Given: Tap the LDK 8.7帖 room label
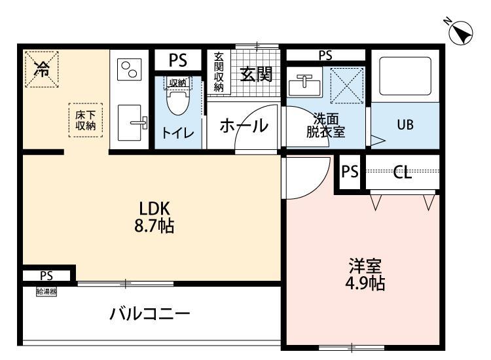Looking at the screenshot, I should pos(155,217).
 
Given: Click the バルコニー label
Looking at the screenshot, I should pos(149,314).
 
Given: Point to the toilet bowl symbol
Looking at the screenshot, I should pos(176,101).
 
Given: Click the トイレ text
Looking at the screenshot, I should pos(177,133).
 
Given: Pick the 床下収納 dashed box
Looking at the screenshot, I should pos(86,120).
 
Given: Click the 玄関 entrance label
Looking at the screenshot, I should pos(255,74).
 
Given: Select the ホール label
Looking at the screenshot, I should pos(243,125).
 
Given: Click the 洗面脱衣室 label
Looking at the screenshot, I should pos(326,125).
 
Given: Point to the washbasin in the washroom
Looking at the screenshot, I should pos(304,83).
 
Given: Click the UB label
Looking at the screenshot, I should pos(405,124).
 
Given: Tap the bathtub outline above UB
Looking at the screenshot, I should pos(405,75).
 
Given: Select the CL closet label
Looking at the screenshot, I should pos(403,173).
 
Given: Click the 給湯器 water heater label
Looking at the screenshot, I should pos(46,292).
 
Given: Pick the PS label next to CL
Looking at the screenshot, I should pos(350,172).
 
